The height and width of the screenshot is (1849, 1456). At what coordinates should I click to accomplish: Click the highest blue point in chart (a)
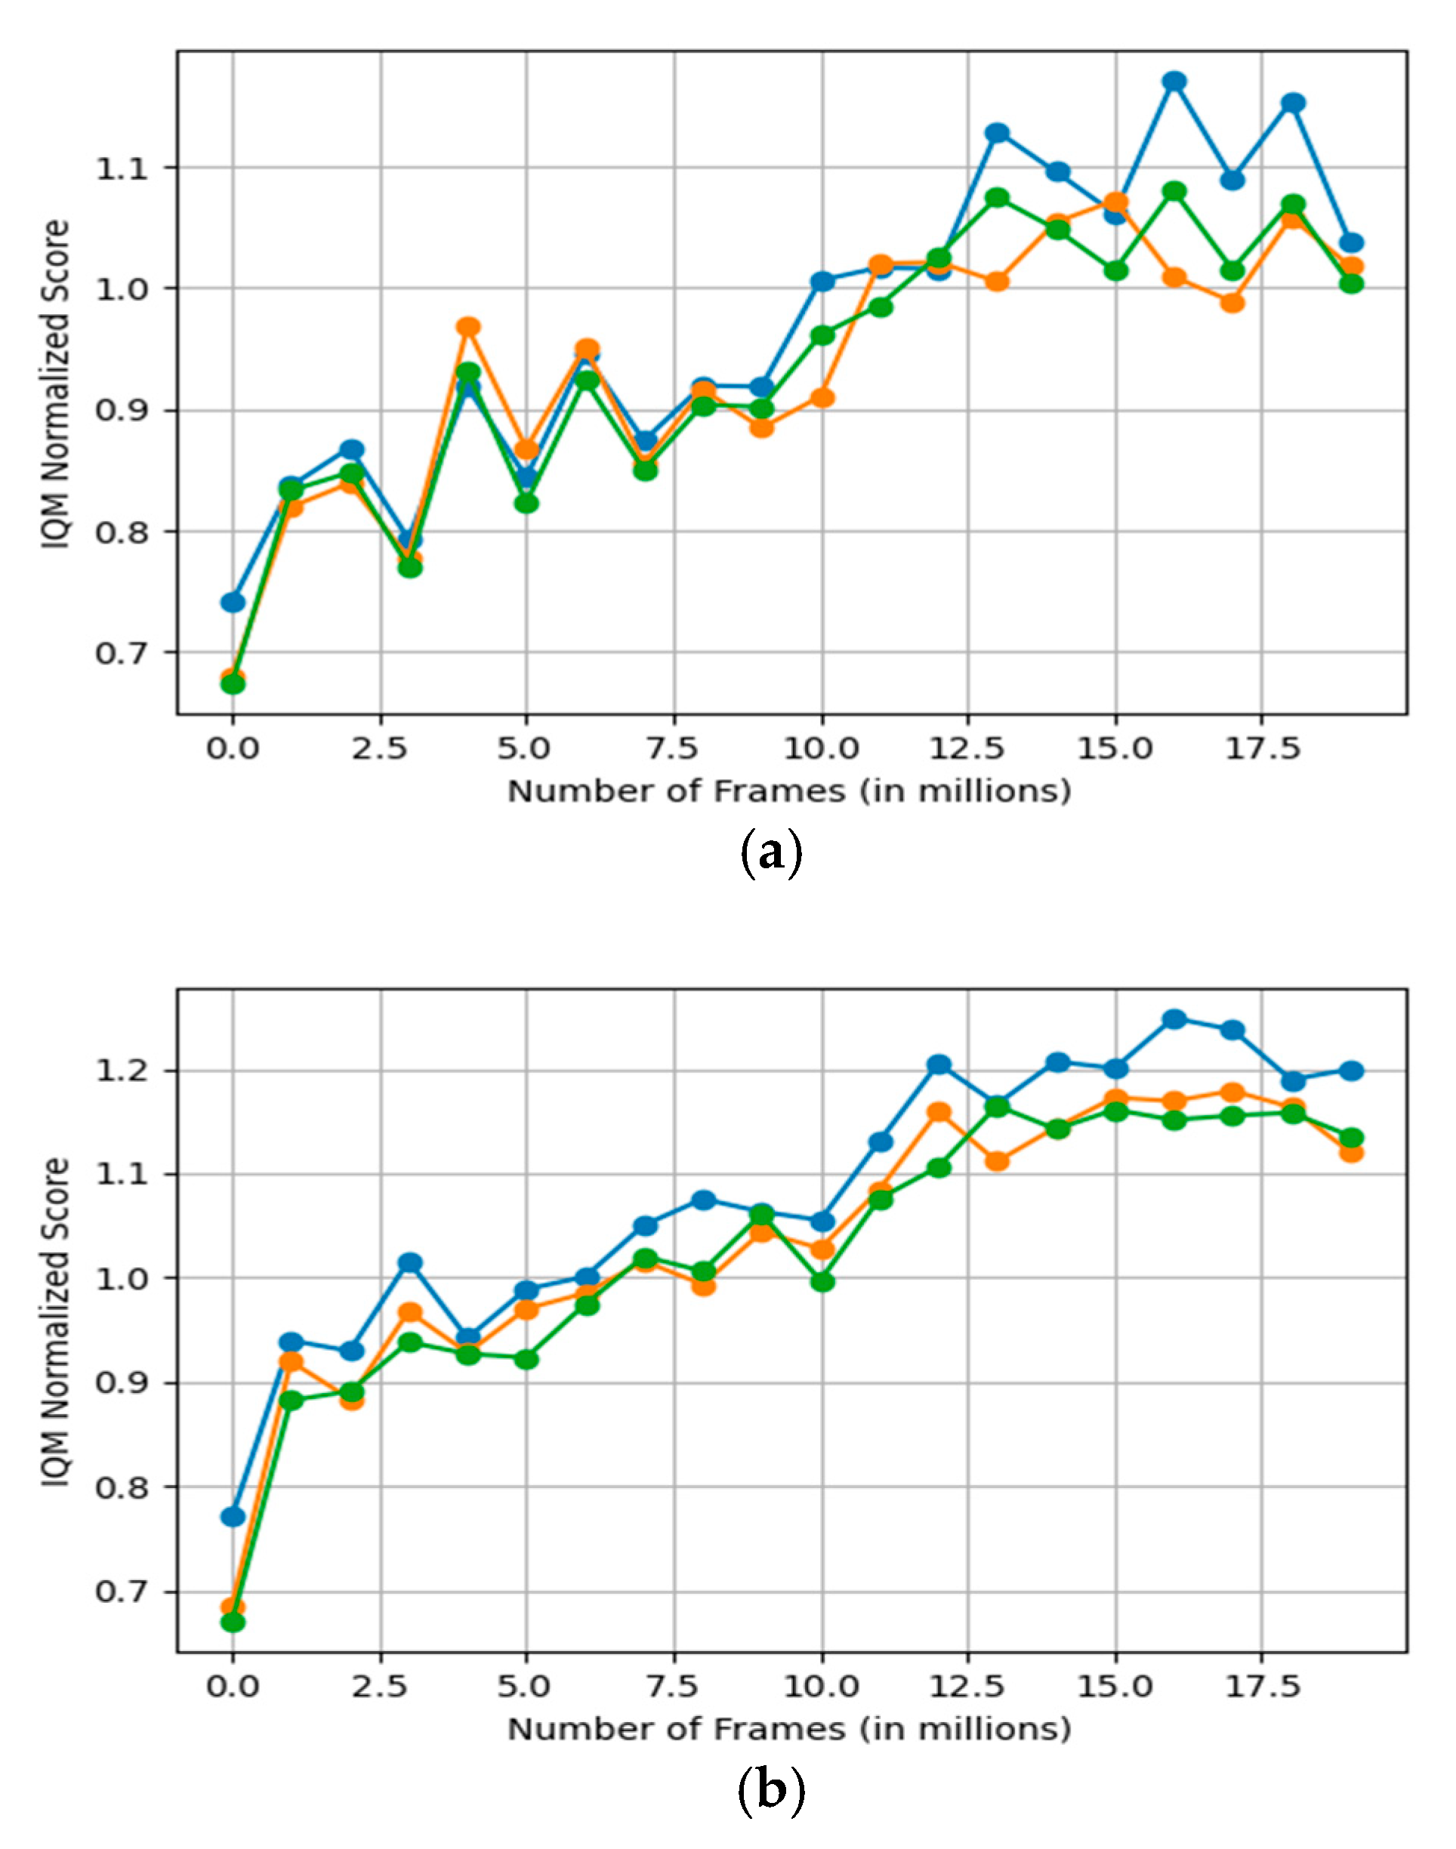1174,81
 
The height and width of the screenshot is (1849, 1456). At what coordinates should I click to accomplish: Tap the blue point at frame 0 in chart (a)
233,602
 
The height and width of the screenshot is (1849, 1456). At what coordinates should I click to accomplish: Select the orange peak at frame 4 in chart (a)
468,327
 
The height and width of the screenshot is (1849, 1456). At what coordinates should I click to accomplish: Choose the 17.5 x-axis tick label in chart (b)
1263,1687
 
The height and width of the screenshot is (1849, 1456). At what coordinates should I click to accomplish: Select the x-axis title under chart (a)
788,791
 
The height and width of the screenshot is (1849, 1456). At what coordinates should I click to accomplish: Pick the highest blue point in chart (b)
1174,1019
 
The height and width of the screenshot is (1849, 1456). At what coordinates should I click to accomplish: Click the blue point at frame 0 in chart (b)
233,1517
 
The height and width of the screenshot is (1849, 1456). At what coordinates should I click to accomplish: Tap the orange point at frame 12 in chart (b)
939,1112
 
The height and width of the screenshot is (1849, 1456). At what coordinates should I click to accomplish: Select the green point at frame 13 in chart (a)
998,198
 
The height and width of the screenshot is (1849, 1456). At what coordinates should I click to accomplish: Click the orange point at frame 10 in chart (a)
822,398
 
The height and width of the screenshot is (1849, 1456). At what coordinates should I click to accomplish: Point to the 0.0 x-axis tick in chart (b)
232,1687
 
